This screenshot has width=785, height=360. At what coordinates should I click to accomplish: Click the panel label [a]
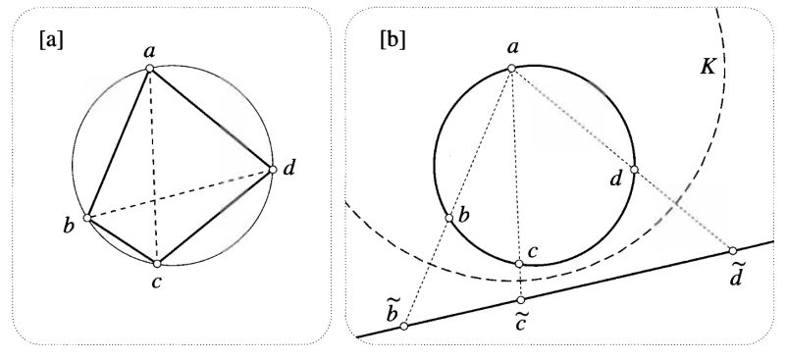50,41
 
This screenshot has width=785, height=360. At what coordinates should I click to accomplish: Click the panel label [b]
392,41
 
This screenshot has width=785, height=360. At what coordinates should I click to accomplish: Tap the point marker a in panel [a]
149,68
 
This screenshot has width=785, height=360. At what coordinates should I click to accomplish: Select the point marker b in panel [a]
88,218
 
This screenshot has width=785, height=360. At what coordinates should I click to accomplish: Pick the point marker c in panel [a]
157,263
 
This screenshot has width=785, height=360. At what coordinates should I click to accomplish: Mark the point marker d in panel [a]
273,170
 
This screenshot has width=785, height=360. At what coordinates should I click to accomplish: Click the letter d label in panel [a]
289,170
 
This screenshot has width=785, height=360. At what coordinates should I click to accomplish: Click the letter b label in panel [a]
69,227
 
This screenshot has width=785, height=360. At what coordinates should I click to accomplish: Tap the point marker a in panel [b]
511,67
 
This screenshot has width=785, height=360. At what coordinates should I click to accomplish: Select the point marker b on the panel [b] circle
449,218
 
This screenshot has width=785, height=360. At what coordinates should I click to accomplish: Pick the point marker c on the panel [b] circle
520,263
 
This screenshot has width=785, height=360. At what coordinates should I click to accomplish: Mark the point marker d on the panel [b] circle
634,170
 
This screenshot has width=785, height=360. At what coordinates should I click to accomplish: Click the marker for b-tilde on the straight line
403,326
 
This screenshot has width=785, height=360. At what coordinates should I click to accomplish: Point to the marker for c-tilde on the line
520,299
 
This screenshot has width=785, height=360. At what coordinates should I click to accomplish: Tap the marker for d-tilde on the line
733,249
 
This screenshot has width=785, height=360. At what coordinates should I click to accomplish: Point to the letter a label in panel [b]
511,47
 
